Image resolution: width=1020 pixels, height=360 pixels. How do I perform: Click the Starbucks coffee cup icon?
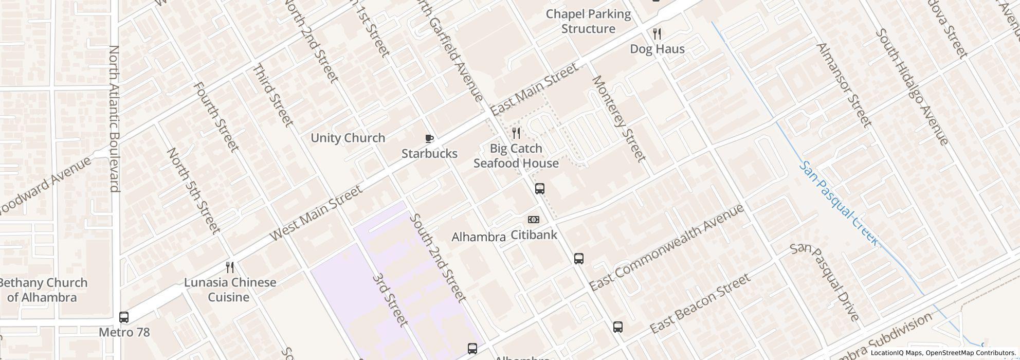tap(429, 138)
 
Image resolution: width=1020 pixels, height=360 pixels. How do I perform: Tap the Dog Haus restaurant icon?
tap(657, 34)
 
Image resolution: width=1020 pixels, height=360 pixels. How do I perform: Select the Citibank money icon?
tap(534, 220)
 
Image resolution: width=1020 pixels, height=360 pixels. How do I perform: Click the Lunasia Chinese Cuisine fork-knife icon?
tap(230, 267)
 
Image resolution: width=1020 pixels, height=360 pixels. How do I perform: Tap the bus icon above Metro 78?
tap(124, 317)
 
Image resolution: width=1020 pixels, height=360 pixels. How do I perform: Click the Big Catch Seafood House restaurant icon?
tap(516, 133)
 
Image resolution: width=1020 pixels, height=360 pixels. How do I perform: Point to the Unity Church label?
tap(348, 138)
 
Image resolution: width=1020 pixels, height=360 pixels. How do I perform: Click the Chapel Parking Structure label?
tap(588, 21)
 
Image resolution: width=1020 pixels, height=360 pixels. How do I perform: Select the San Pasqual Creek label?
tap(838, 203)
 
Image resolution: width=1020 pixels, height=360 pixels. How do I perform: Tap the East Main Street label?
tap(534, 89)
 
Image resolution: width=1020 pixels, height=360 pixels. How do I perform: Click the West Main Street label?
tap(316, 213)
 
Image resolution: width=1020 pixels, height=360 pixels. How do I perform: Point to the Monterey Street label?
tap(618, 118)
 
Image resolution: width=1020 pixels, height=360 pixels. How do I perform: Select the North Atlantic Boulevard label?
tap(114, 118)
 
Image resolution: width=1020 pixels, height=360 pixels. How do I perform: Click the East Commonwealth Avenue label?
tap(666, 247)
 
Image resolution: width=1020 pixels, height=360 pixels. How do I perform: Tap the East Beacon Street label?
tap(700, 303)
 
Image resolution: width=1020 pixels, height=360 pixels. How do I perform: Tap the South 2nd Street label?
tap(438, 258)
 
